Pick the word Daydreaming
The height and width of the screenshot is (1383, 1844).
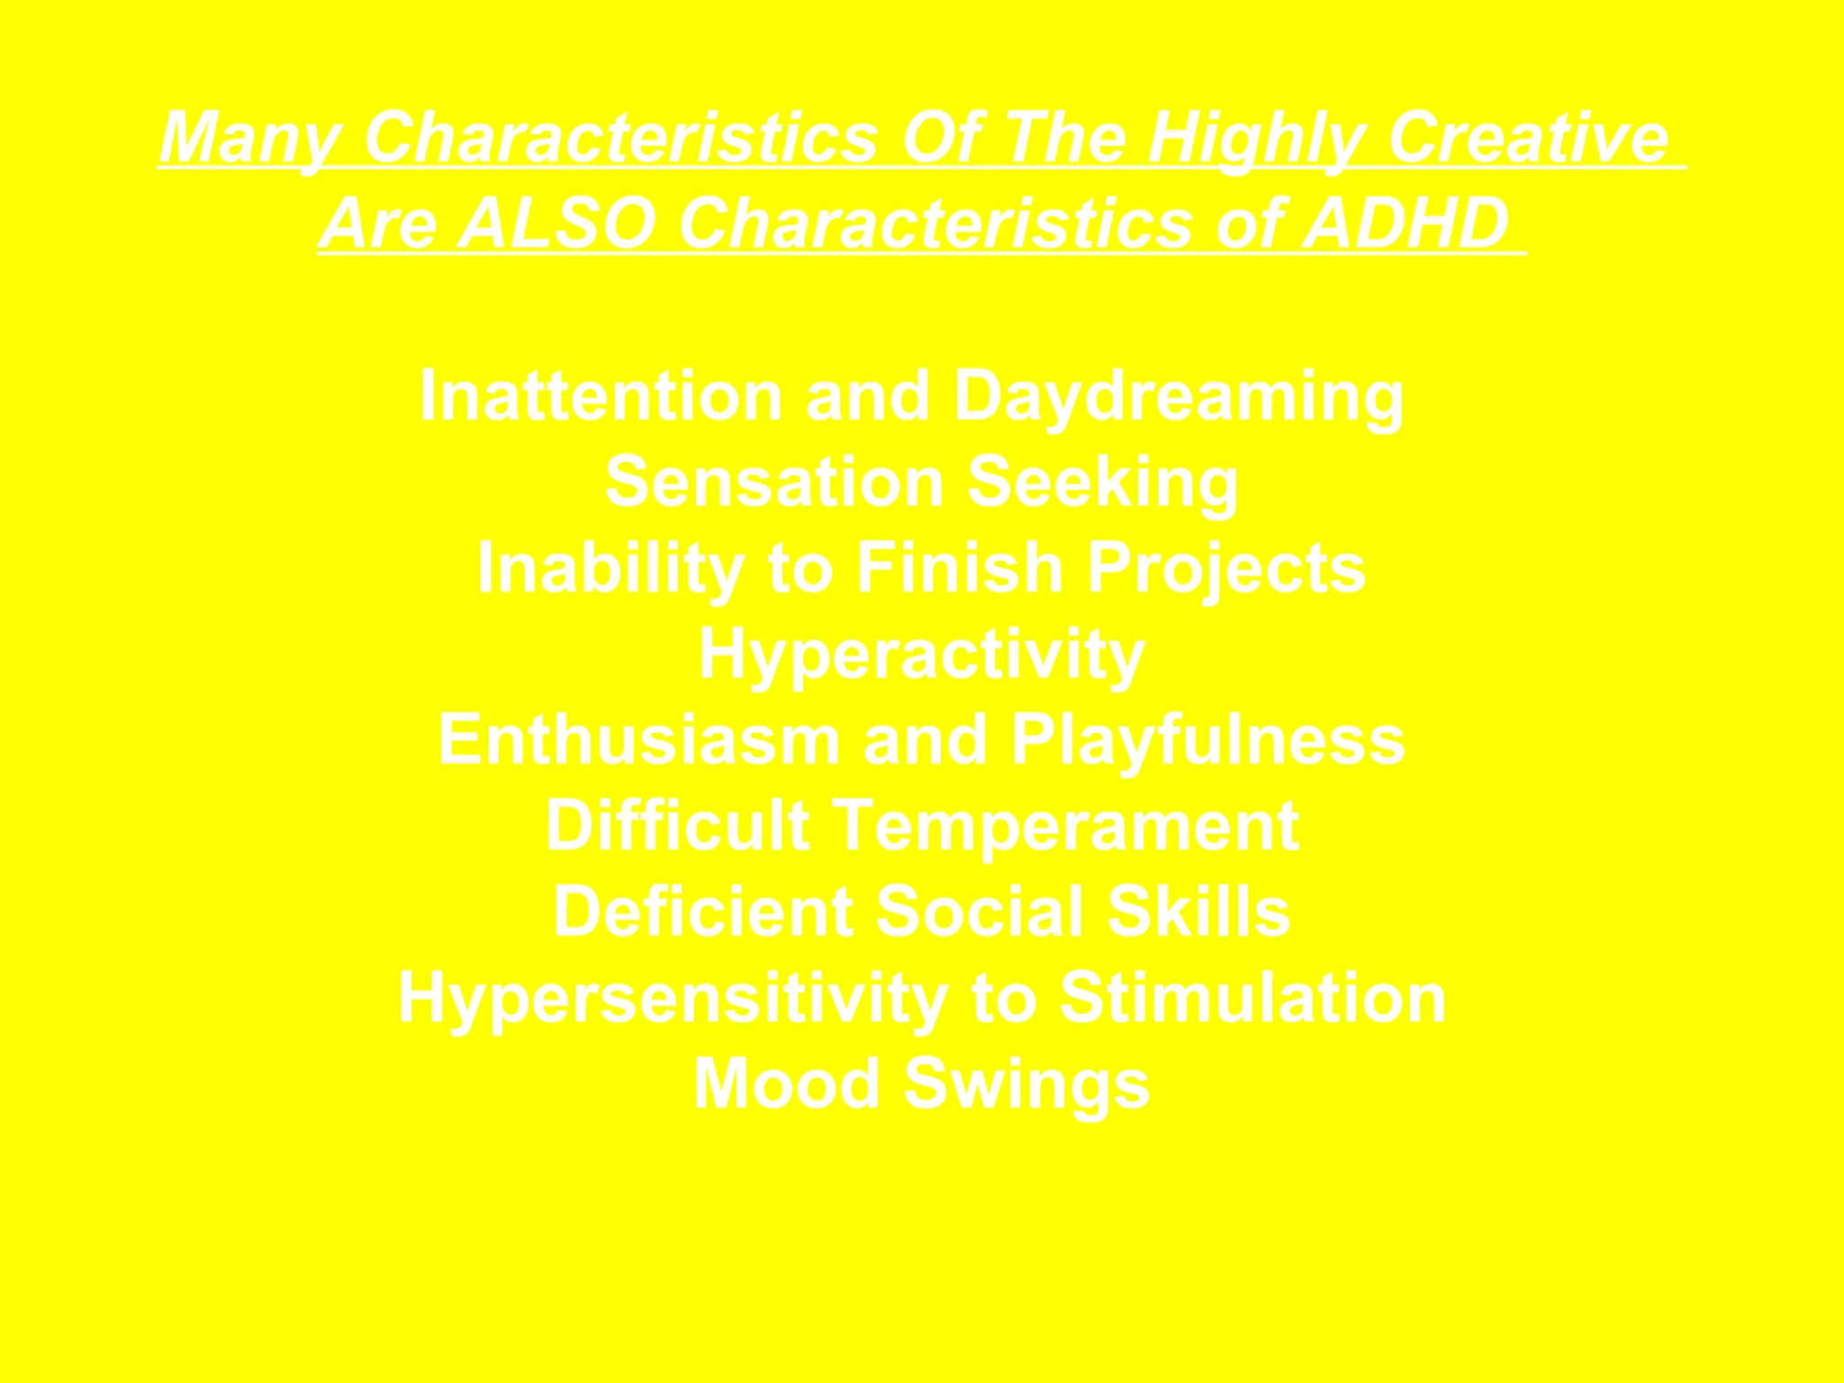pyautogui.click(x=1179, y=397)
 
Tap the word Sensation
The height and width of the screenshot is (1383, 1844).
pyautogui.click(x=774, y=482)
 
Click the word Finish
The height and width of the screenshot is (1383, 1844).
pyautogui.click(x=960, y=567)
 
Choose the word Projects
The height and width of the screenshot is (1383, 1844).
pyautogui.click(x=1226, y=569)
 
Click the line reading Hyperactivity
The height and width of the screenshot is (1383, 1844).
pyautogui.click(x=921, y=655)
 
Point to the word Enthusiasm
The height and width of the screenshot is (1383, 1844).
pyautogui.click(x=639, y=739)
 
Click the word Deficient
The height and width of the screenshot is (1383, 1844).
pyautogui.click(x=703, y=911)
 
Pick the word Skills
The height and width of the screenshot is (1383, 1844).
pyautogui.click(x=1198, y=911)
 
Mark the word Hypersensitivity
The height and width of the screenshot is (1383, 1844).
pyautogui.click(x=673, y=999)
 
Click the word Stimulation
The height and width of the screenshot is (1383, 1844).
pyautogui.click(x=1252, y=997)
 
